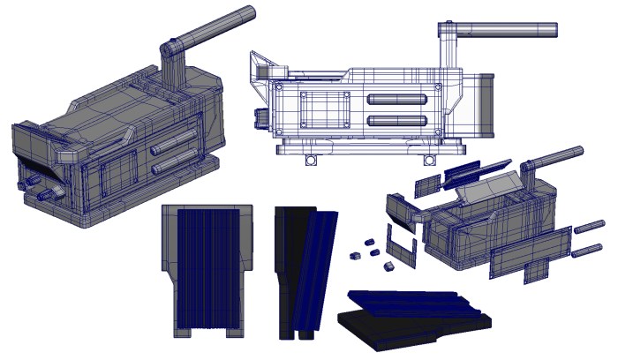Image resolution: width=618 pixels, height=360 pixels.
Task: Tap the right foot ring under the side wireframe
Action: click(x=429, y=160)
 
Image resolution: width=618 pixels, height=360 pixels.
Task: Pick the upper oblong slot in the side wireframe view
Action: click(x=397, y=100)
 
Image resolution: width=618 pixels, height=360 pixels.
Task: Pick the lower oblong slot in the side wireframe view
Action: click(x=397, y=120)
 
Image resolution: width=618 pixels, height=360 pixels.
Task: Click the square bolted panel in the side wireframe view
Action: click(x=320, y=109)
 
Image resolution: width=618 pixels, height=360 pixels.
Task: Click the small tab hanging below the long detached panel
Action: click(x=535, y=273)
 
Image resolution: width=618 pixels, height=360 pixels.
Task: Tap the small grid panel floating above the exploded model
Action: click(x=426, y=184)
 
